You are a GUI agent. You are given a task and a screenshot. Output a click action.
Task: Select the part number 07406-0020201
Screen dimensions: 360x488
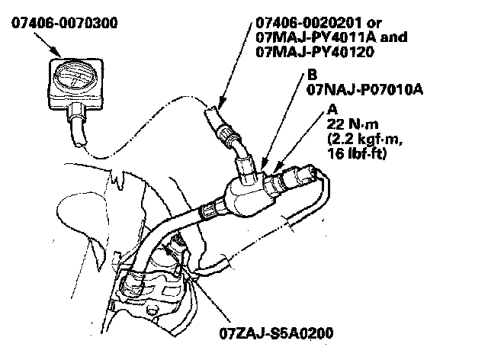[x=308, y=24]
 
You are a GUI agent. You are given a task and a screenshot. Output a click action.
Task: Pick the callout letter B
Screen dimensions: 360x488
[x=313, y=75]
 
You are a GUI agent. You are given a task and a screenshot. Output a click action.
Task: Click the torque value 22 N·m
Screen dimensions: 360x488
[x=348, y=124]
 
